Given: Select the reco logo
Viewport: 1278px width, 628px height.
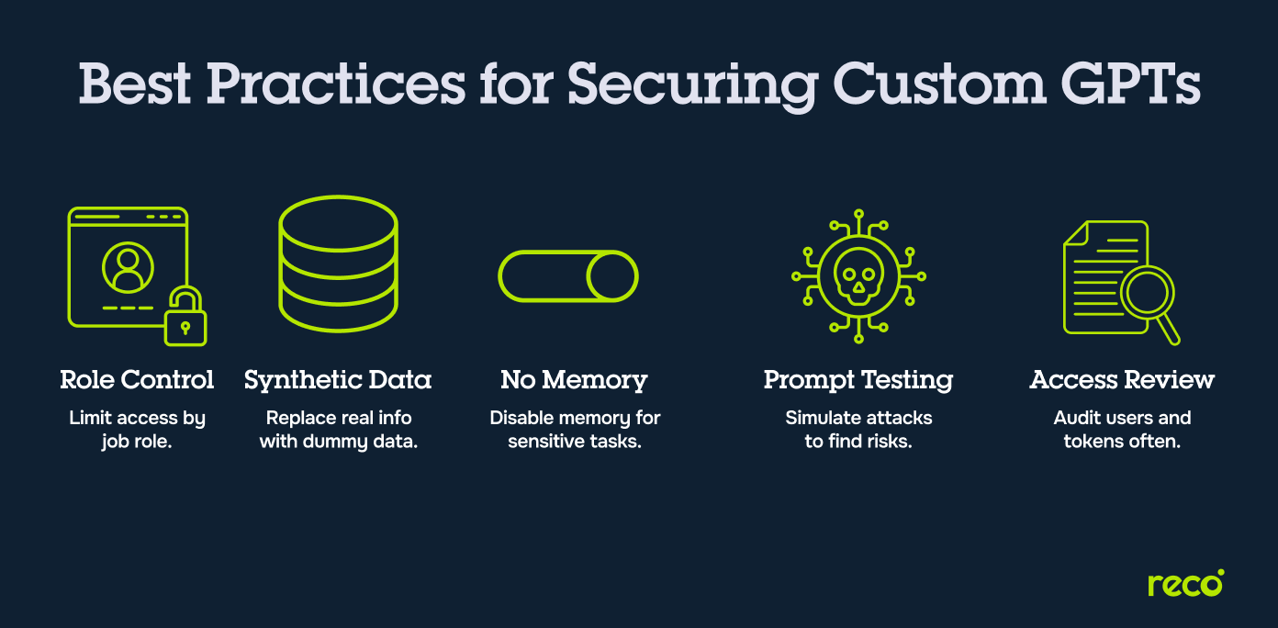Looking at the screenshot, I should click(x=1185, y=584).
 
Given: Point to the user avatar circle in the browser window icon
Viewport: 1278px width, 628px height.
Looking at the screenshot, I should click(x=129, y=266).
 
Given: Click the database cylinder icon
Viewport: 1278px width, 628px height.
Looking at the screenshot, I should click(x=338, y=264).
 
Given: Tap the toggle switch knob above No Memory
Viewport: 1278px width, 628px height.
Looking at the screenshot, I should click(x=611, y=276).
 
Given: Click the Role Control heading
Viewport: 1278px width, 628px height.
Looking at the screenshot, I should click(x=137, y=380).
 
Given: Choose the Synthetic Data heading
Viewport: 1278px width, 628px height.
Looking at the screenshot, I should click(x=338, y=380).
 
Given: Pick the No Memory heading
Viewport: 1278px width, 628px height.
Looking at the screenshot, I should click(x=574, y=380).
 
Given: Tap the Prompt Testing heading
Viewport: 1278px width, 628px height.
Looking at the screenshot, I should click(x=858, y=380).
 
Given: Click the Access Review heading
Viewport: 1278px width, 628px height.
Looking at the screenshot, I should click(x=1122, y=380).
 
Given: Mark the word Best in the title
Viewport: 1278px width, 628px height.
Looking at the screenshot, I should click(x=136, y=84).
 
